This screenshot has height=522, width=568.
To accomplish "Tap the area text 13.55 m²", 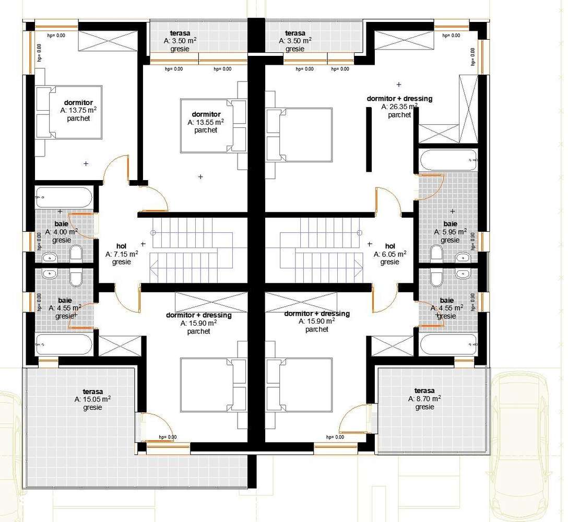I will pos(206,122).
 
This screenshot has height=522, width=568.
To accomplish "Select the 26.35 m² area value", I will pos(399,107).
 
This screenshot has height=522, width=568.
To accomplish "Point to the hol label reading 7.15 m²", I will pos(122,254).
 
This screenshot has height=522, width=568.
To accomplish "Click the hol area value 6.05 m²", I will pos(390,254).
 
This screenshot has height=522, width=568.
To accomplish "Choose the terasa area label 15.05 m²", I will pos(92,399).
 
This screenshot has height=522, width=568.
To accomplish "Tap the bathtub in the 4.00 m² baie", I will pos(64,198).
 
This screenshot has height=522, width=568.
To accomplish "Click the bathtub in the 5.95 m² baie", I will pos(448,160).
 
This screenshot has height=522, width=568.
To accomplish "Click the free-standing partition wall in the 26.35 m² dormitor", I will pos(369,139).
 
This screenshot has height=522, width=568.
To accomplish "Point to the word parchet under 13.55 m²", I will pos(206,130).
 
